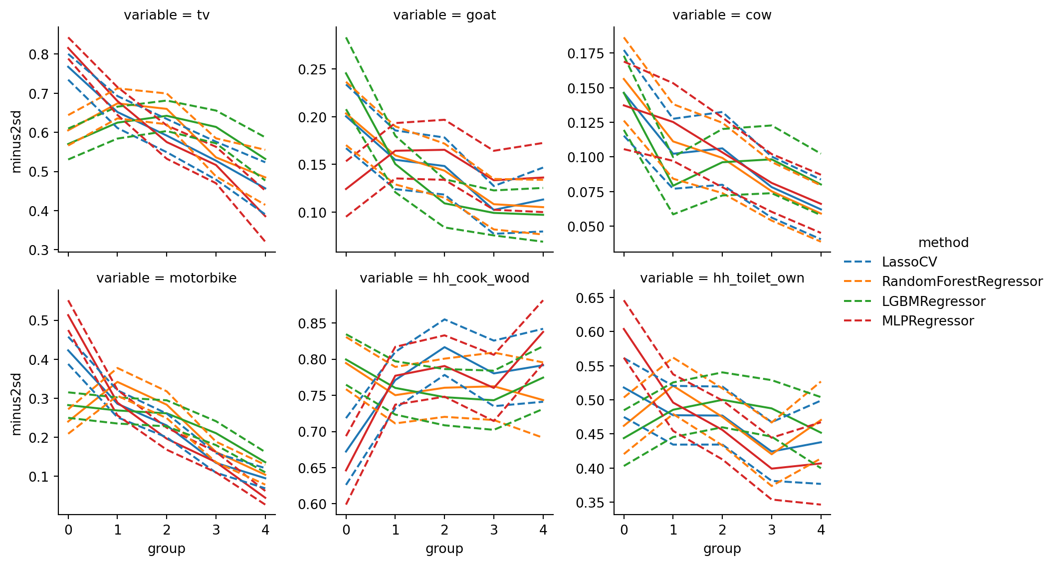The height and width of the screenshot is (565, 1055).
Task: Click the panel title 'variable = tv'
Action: (x=167, y=15)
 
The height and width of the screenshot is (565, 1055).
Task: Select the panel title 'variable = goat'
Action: (x=444, y=15)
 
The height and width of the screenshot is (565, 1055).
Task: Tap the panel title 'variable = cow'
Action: (x=722, y=15)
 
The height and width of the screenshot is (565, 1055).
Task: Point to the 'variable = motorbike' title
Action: (x=167, y=278)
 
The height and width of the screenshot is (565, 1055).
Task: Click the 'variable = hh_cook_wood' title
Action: (x=444, y=278)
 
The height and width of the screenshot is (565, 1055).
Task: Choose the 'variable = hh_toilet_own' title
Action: (x=722, y=278)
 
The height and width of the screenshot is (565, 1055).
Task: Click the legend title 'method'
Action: (x=943, y=243)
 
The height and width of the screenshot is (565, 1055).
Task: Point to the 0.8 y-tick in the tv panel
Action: (x=39, y=54)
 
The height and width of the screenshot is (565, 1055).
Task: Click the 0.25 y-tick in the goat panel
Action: (x=312, y=69)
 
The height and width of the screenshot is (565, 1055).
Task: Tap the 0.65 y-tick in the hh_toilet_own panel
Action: (x=590, y=298)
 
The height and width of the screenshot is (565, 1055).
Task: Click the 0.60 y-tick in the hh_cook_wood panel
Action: (x=312, y=505)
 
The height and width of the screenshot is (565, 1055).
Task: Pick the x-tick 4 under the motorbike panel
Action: (x=265, y=530)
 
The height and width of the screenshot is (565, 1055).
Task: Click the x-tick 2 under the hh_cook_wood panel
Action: (x=444, y=530)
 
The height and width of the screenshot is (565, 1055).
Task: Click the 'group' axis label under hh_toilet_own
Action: (x=722, y=549)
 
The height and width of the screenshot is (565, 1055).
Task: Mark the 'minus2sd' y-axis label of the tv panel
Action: (x=16, y=141)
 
